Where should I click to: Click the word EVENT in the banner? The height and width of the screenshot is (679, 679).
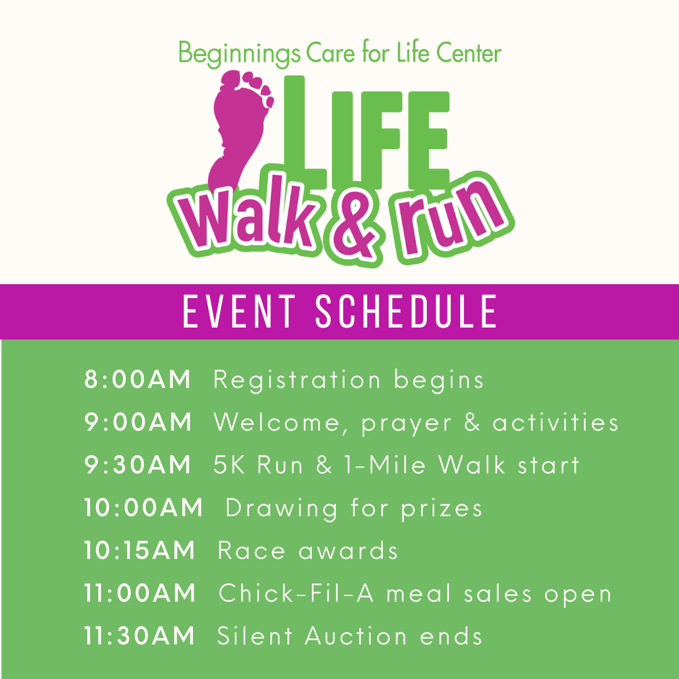point(239,311)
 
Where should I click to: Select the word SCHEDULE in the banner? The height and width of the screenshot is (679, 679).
point(406,311)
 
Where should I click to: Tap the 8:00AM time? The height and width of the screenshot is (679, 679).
point(137,379)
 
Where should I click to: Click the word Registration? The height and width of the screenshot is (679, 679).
point(297,380)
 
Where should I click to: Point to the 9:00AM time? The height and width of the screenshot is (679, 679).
point(138,422)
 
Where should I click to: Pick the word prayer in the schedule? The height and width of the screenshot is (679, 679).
point(407,424)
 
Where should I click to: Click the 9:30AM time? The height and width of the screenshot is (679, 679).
point(137,465)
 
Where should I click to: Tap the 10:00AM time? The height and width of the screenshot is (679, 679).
point(143,507)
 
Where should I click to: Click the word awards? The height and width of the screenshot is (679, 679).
point(348,551)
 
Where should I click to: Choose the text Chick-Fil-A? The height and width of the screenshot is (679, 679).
point(296,593)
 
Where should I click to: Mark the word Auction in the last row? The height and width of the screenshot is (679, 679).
point(355,636)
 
